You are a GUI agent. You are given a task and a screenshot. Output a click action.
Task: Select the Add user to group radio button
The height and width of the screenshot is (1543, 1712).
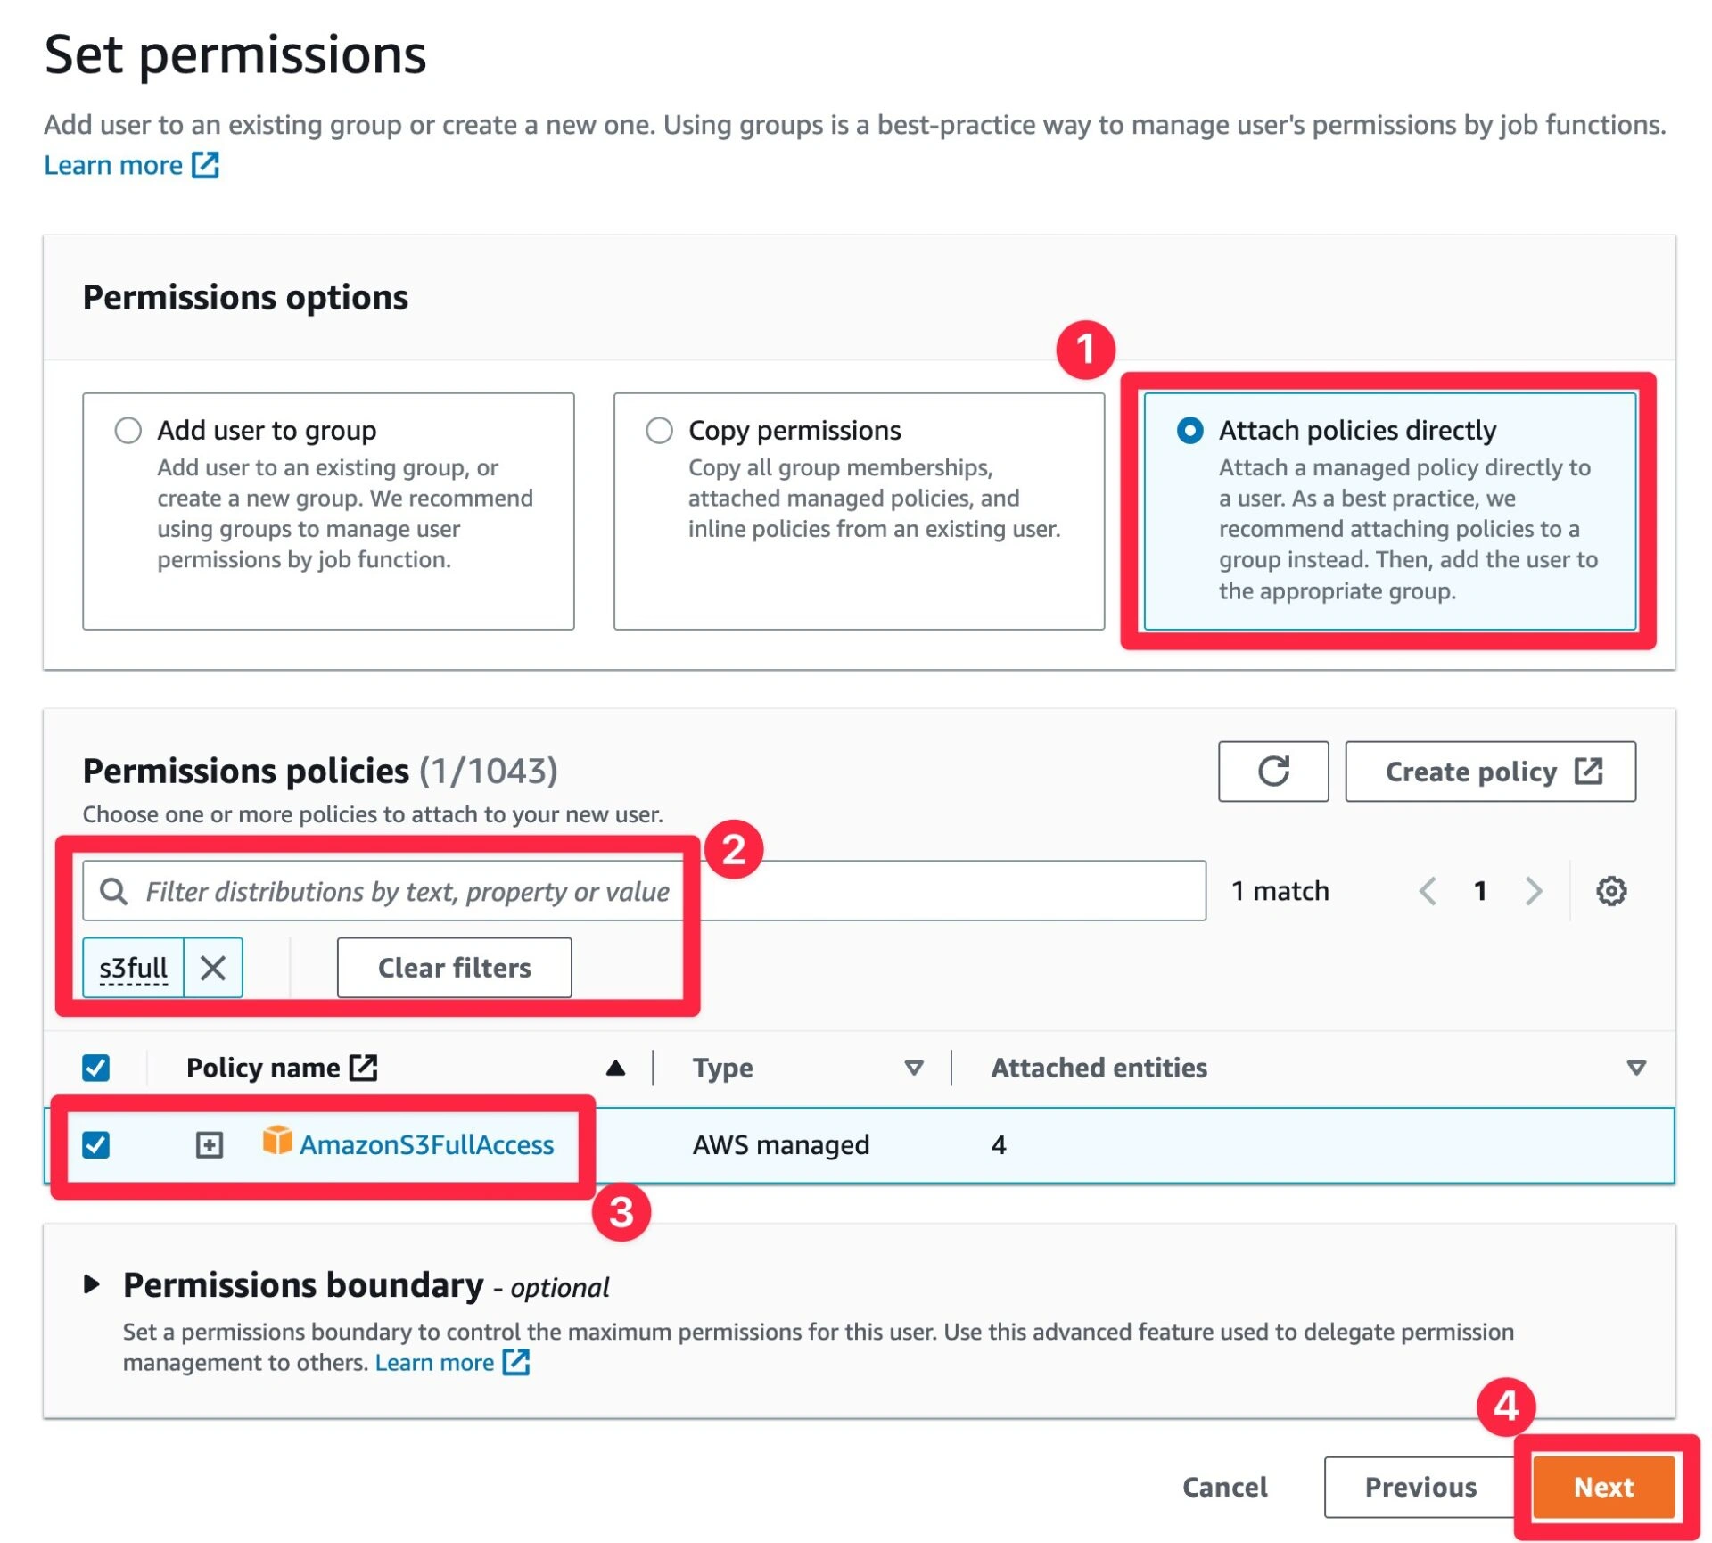click(128, 431)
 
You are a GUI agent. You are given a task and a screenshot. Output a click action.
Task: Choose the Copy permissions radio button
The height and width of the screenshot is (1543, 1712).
click(659, 431)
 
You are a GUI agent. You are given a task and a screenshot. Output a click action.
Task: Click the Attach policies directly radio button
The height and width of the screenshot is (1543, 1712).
click(1189, 431)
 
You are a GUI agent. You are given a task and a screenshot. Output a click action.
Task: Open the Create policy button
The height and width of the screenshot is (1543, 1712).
click(1490, 771)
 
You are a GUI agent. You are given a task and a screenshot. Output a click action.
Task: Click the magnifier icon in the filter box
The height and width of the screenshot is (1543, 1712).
click(113, 890)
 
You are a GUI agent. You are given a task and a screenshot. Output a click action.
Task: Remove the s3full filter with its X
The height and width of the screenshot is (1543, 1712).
click(212, 968)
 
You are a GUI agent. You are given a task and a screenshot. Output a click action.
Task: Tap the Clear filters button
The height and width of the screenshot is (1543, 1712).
click(454, 968)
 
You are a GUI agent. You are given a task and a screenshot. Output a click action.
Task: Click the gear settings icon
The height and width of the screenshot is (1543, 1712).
click(1610, 890)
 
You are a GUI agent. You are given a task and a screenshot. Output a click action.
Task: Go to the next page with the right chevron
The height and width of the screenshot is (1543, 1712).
click(1533, 890)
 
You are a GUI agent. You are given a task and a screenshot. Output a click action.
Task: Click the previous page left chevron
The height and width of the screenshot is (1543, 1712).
click(1428, 890)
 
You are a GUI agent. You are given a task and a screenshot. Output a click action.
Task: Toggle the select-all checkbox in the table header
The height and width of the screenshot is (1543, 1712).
click(96, 1068)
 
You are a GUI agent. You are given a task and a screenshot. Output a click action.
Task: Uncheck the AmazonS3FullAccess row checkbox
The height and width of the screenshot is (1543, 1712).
click(96, 1144)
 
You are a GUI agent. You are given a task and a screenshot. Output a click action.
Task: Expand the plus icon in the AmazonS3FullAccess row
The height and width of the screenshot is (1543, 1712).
click(210, 1144)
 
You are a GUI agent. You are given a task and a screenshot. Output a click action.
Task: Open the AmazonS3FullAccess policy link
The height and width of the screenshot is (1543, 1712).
click(426, 1144)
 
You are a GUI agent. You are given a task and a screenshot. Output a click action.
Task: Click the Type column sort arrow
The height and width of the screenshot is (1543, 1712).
click(913, 1068)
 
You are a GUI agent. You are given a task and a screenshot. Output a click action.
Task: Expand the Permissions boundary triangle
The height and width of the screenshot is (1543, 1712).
click(91, 1284)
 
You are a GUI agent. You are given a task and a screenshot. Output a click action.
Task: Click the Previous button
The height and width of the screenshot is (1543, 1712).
click(1420, 1487)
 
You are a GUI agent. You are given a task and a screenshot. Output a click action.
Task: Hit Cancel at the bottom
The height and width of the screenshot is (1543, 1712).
click(1224, 1487)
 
